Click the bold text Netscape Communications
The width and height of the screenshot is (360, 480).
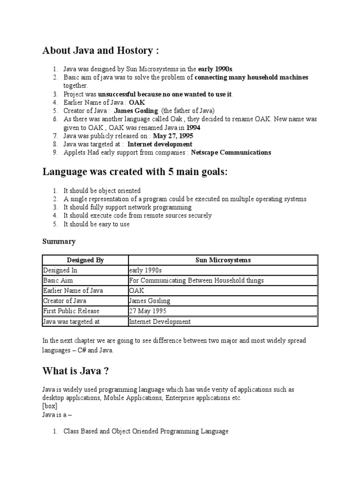click(231, 152)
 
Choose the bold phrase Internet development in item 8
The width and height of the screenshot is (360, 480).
click(160, 144)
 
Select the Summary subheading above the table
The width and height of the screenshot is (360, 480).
click(59, 241)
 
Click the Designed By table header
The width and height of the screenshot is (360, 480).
click(85, 260)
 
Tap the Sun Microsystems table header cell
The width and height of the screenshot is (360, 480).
click(223, 260)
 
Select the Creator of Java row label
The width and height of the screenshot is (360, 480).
click(65, 301)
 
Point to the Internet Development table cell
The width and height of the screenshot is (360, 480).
click(160, 322)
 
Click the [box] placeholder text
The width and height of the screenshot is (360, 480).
click(49, 406)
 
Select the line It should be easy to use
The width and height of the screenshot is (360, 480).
click(97, 224)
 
